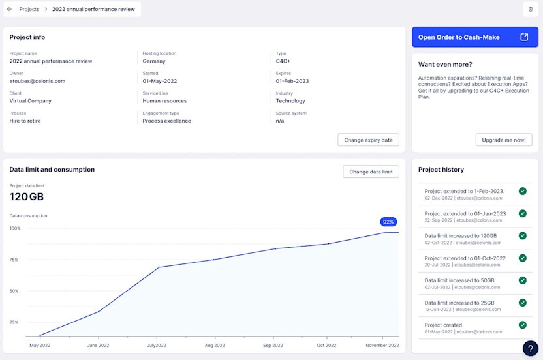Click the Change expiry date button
368,140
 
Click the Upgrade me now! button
504,140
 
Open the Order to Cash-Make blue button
474,37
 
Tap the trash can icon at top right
531,9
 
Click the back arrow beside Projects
10,10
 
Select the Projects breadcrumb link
29,10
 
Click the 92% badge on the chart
388,222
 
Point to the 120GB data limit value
27,197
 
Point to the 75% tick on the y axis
14,260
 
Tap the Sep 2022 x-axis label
273,345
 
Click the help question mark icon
531,348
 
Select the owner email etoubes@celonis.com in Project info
37,81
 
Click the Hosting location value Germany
154,61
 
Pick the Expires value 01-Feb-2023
292,81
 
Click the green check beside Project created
522,325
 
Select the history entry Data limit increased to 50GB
459,280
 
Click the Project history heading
441,170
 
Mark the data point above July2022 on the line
159,267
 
